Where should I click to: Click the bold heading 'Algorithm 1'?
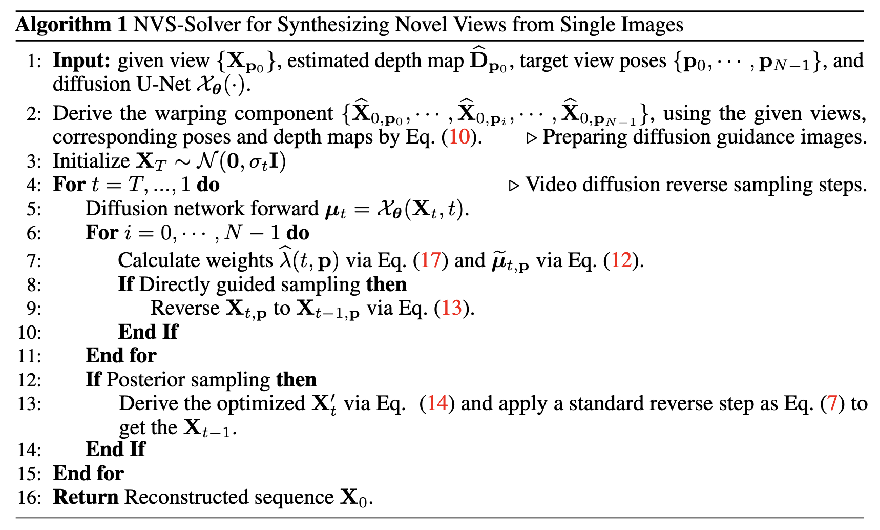click(71, 25)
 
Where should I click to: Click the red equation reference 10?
click(459, 137)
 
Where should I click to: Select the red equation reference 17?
click(431, 260)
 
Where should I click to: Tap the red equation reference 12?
click(621, 260)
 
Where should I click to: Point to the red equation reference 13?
click(452, 308)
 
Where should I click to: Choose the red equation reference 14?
click(437, 403)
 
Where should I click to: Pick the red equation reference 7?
click(832, 403)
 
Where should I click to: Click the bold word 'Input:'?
click(81, 61)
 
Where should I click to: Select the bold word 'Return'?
click(86, 497)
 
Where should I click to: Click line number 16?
click(29, 498)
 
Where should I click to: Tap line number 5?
click(34, 209)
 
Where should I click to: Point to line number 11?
click(29, 356)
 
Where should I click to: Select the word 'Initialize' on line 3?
click(91, 161)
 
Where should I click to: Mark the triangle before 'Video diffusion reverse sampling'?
click(514, 185)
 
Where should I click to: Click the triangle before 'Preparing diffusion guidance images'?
click(532, 137)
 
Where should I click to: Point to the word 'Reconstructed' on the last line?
click(178, 497)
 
